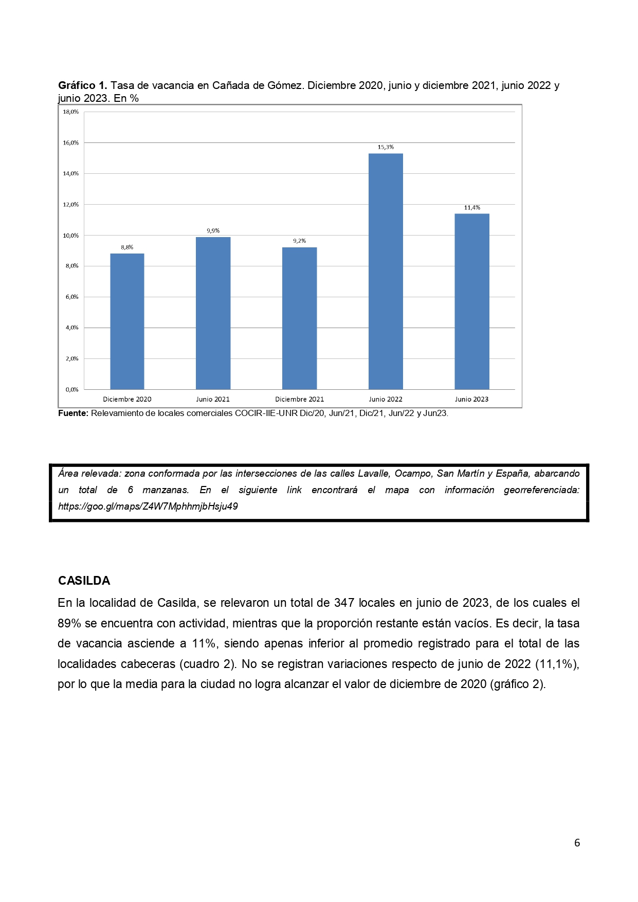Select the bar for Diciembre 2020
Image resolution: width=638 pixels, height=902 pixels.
127,321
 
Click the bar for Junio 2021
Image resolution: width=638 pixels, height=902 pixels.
213,313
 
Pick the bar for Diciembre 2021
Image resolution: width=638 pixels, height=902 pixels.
299,318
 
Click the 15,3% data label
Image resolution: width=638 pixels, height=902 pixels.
386,147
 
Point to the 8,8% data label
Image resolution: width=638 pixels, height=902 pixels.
127,247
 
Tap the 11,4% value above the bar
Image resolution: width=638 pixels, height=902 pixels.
472,208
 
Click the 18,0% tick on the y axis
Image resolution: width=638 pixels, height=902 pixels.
71,112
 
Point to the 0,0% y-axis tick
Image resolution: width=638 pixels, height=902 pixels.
71,389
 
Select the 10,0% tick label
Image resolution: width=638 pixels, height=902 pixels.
71,235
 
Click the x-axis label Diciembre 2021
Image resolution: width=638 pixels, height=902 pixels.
299,399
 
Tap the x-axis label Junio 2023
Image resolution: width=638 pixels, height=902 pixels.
471,399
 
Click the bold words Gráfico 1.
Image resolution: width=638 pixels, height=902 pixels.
82,85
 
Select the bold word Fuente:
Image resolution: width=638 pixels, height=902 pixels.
73,413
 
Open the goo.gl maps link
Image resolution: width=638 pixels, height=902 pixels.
148,506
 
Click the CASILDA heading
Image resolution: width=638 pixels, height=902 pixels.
84,581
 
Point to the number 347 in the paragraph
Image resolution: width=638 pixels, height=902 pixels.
344,603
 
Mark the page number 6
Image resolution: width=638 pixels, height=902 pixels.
577,842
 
